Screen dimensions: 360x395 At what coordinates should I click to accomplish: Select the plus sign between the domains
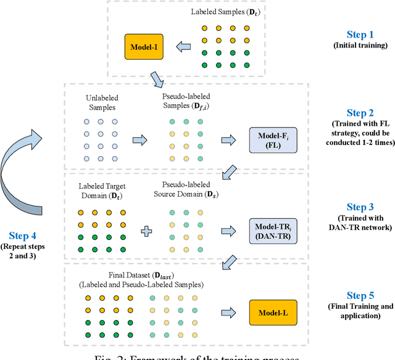click(146, 232)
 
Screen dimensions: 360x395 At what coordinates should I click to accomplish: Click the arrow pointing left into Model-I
click(183, 46)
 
